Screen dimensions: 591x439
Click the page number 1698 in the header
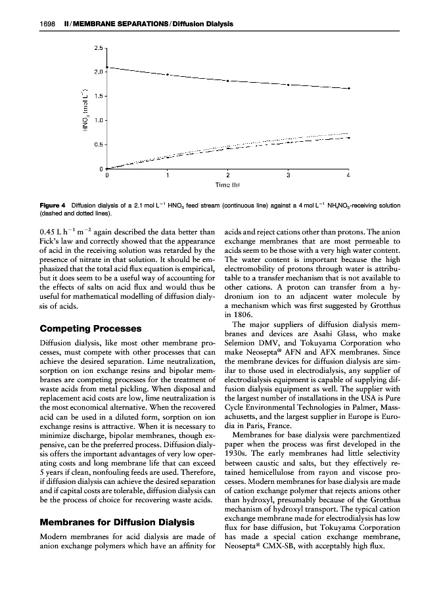pos(46,24)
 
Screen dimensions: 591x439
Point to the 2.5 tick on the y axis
pos(97,48)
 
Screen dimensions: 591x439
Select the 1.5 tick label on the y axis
pos(97,96)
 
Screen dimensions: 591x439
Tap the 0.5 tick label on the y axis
pos(97,144)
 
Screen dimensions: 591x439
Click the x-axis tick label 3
pos(288,176)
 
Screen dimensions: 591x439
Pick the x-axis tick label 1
pos(168,176)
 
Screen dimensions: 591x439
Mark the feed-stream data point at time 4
pos(348,88)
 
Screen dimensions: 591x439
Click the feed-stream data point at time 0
pos(107,67)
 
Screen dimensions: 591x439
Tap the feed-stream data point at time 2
pos(227,81)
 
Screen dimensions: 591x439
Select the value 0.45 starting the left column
pos(49,231)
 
